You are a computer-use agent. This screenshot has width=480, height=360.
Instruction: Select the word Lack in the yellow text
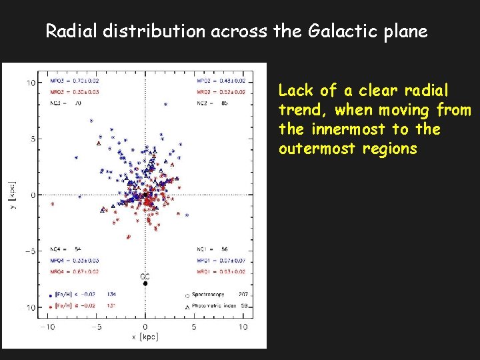tap(295, 90)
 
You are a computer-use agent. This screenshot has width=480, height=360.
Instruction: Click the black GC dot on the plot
tap(145, 284)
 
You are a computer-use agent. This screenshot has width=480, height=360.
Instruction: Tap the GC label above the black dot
tap(145, 275)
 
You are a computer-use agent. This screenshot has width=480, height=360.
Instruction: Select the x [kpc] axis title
tap(145, 337)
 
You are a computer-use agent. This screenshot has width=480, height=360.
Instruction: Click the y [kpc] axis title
tap(11, 195)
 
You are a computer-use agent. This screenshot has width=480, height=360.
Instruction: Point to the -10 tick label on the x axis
tap(47, 327)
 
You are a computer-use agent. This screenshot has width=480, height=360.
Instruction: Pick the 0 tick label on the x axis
tap(145, 327)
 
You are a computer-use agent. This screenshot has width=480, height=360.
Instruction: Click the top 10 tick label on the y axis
tap(31, 83)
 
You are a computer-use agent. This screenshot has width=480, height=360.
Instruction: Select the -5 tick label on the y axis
tap(29, 251)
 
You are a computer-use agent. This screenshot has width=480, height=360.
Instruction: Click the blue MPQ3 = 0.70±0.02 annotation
tap(75, 81)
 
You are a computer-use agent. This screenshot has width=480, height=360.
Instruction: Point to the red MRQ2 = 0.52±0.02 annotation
tap(222, 92)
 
